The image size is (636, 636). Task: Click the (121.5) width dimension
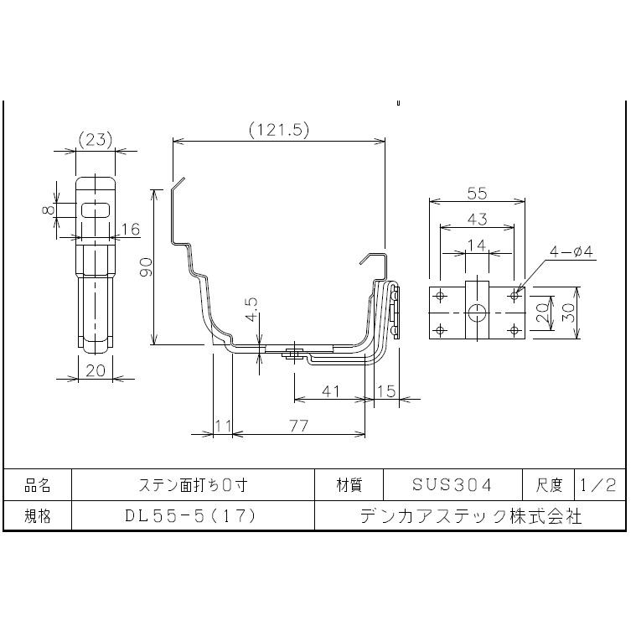(x=280, y=130)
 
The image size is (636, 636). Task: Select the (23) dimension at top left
(x=95, y=140)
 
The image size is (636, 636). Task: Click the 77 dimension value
(x=298, y=425)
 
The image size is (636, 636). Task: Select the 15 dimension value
(x=386, y=390)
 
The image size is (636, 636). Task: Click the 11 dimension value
(x=223, y=425)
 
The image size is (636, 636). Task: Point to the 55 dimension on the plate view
(x=476, y=193)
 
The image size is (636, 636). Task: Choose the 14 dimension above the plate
(x=476, y=244)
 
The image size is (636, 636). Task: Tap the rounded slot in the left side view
(x=96, y=209)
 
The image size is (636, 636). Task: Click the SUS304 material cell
(x=452, y=484)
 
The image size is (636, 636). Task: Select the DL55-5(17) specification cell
(x=193, y=515)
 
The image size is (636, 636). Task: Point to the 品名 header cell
(x=38, y=484)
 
